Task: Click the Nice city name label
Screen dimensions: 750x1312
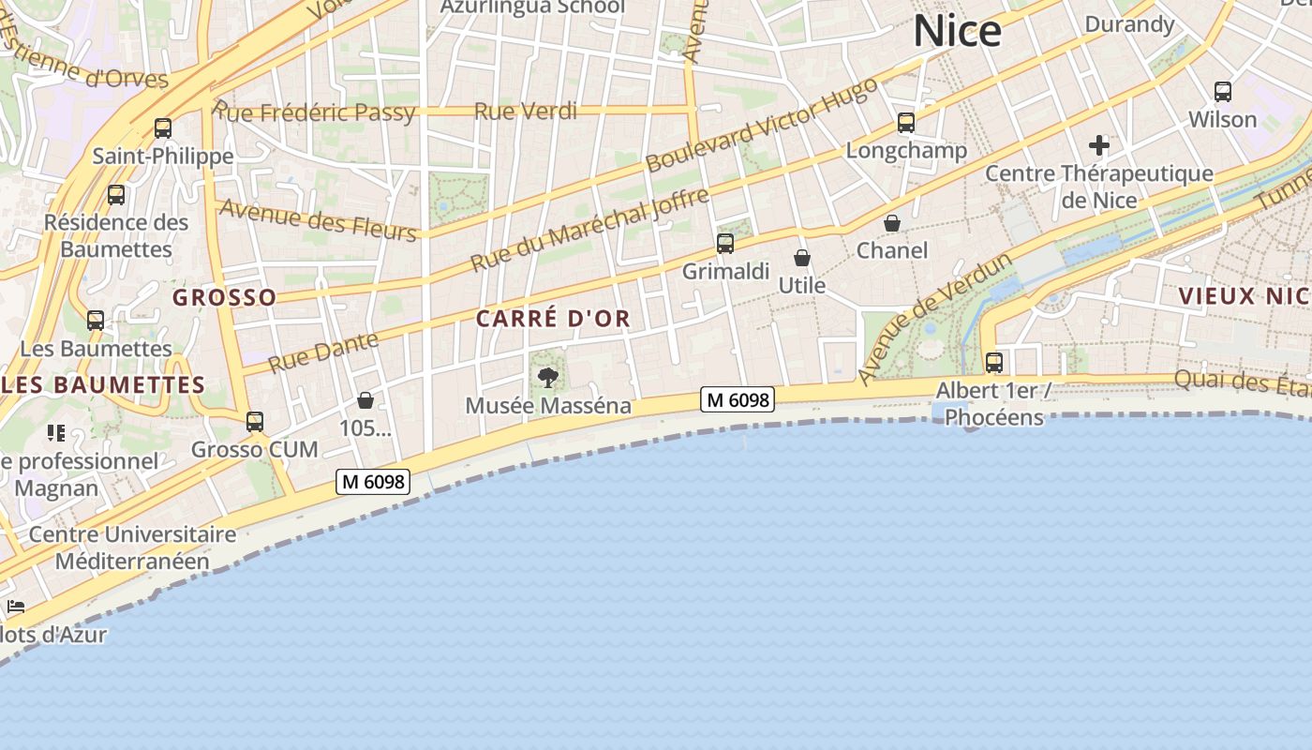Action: pos(957,32)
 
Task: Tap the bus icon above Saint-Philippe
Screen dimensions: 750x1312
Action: pos(163,128)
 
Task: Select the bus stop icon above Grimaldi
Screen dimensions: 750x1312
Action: pos(725,244)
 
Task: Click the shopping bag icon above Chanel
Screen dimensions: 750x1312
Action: pos(892,223)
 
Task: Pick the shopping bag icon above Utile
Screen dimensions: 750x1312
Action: pos(802,258)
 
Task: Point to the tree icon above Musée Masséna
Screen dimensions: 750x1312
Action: pos(548,378)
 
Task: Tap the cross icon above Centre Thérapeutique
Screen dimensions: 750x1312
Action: pos(1099,145)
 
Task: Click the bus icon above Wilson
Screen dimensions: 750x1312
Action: pos(1223,92)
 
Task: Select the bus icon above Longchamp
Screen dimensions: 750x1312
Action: pos(906,123)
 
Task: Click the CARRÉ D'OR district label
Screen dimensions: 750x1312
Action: pos(553,319)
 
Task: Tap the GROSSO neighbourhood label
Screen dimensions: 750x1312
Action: pos(225,298)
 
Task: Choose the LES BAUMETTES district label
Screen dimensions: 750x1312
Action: pos(103,385)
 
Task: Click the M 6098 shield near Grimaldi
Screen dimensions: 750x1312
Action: pos(738,400)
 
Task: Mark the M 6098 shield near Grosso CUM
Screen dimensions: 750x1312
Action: pos(373,482)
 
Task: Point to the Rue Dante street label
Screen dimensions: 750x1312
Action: pos(323,352)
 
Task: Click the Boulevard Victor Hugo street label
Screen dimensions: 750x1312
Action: pos(761,125)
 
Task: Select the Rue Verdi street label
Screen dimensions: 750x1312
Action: pos(525,112)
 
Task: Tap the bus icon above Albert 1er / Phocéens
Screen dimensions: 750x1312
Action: pos(994,362)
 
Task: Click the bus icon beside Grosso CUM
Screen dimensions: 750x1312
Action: pos(255,422)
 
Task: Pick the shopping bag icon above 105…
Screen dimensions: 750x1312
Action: pos(365,401)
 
